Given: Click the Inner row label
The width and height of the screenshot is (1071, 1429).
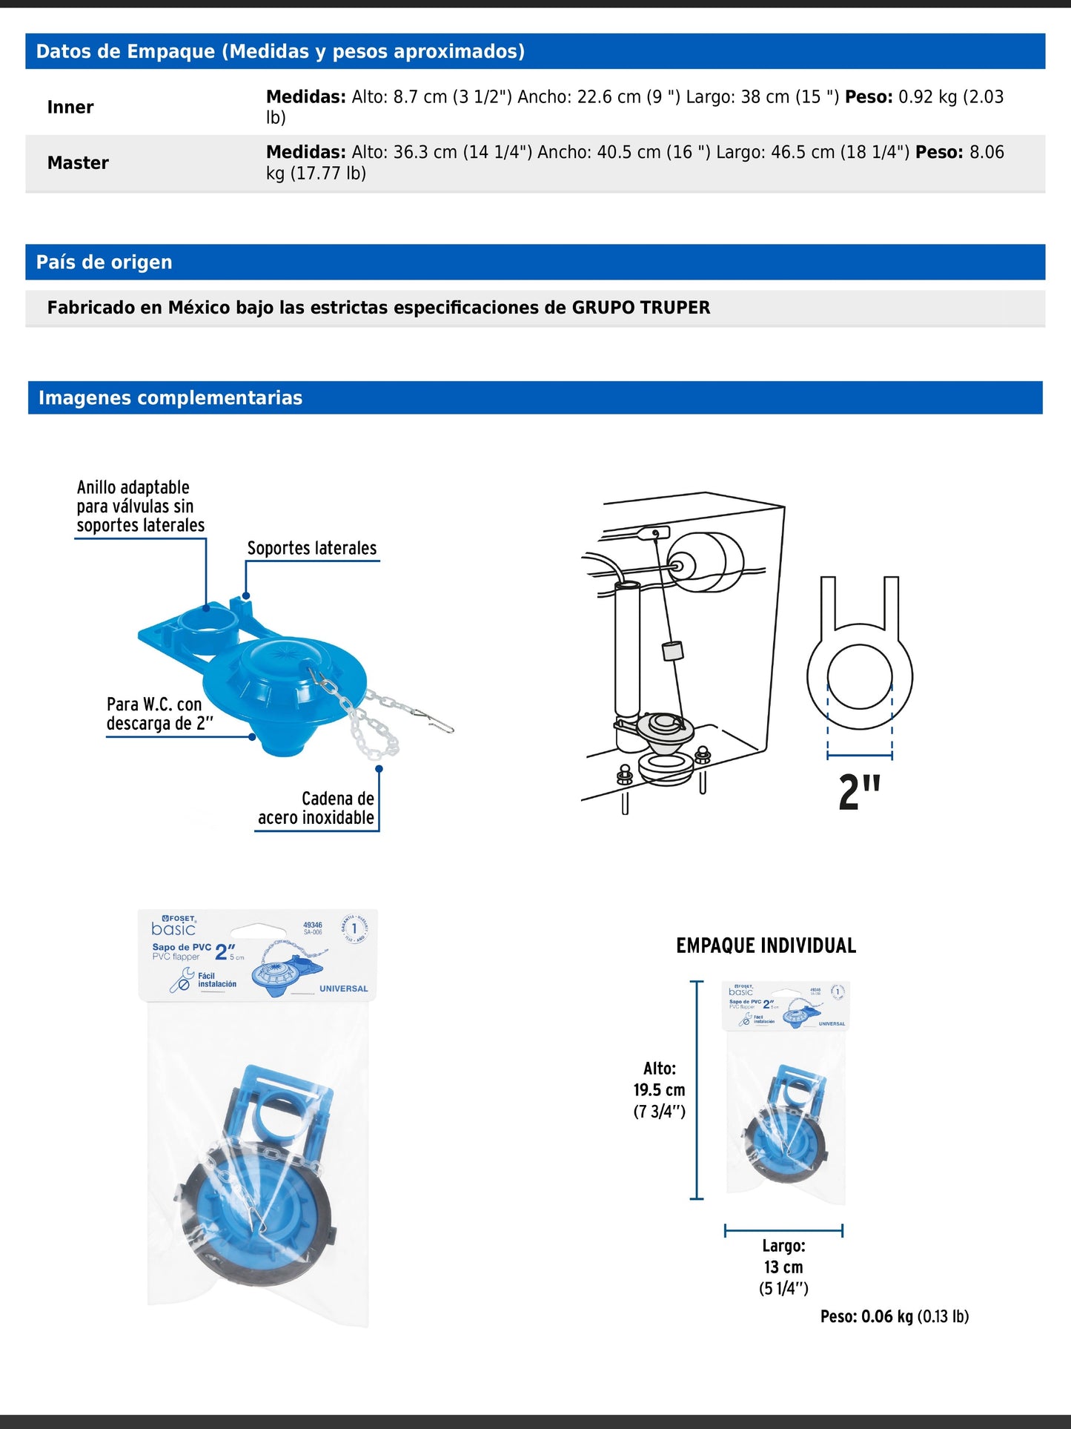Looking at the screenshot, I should tap(70, 108).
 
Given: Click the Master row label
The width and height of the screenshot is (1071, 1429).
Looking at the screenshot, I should tap(78, 163).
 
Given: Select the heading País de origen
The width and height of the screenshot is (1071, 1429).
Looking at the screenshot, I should tap(104, 263).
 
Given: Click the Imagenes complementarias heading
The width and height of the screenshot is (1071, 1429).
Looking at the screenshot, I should tap(170, 398).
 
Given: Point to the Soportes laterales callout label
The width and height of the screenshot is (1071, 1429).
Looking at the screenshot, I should tap(311, 548).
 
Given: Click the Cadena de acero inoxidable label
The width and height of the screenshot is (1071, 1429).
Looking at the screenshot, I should tap(317, 808).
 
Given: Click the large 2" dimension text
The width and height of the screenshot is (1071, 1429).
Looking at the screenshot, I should tap(859, 792).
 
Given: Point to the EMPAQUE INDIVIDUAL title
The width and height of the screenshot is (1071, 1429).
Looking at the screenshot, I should tap(766, 946).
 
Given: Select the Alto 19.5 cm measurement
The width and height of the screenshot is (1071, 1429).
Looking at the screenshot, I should tap(659, 1089).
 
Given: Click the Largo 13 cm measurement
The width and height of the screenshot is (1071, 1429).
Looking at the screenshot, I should tap(783, 1267).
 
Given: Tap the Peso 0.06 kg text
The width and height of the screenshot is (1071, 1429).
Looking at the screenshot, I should tap(894, 1316).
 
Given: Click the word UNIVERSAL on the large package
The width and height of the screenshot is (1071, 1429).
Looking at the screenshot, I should tap(343, 989).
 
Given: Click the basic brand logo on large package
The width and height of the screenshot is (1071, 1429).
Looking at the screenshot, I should tap(173, 928).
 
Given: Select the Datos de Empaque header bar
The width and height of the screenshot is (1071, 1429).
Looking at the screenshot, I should tap(535, 51).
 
